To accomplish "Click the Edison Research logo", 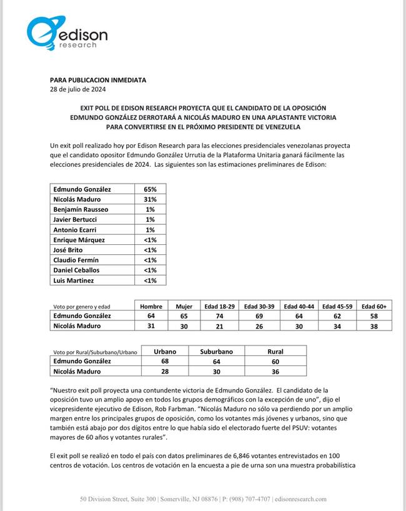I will pos(67,34).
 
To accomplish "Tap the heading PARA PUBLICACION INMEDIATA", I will pos(98,81).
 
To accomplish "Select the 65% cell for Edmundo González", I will pos(151,189).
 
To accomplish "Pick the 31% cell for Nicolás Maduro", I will pos(151,199).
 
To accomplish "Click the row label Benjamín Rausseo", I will pos(80,209).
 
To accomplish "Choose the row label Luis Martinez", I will pos(73,280).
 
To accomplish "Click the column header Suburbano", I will pos(216,351).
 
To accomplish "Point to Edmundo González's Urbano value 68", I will pos(165,361).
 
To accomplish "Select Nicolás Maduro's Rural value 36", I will pos(275,371).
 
